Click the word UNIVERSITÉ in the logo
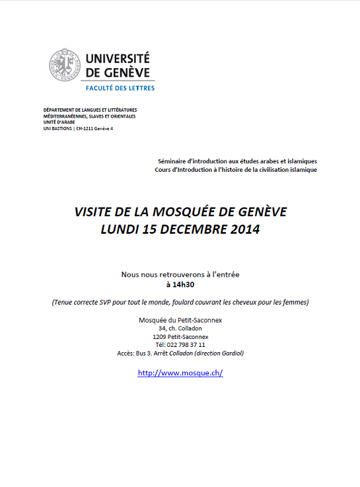coord(118,59)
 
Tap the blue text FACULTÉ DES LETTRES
coord(120,87)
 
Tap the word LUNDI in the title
coord(120,230)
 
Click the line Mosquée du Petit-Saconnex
coord(180,320)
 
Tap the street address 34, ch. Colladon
coord(180,328)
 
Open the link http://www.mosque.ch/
coord(180,373)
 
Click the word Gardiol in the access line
coord(231,354)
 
